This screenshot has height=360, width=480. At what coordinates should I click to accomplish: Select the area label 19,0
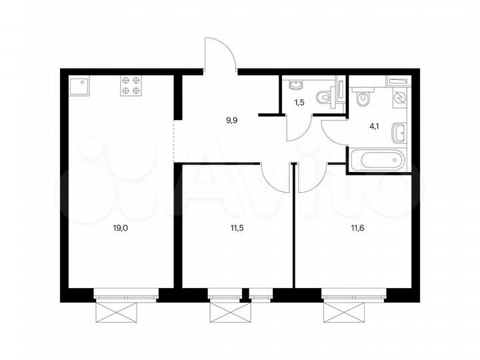point(120,228)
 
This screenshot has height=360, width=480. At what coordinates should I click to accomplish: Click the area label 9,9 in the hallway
point(232,120)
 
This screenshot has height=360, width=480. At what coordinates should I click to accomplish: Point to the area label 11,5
point(237,228)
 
